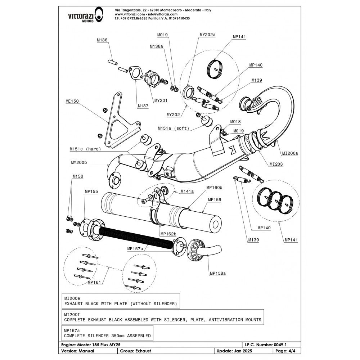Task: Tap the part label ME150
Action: click(x=72, y=101)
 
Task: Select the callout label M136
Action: click(x=102, y=40)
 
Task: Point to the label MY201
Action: click(x=161, y=100)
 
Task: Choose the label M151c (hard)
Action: click(x=85, y=149)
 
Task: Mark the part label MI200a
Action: click(x=290, y=153)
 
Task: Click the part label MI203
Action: click(x=276, y=164)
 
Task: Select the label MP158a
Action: click(x=218, y=273)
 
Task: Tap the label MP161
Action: click(x=94, y=283)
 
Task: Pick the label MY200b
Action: click(x=79, y=163)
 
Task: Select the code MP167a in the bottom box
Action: click(x=72, y=330)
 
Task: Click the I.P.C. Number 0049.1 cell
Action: click(x=268, y=345)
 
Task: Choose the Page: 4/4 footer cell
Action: click(x=285, y=351)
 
